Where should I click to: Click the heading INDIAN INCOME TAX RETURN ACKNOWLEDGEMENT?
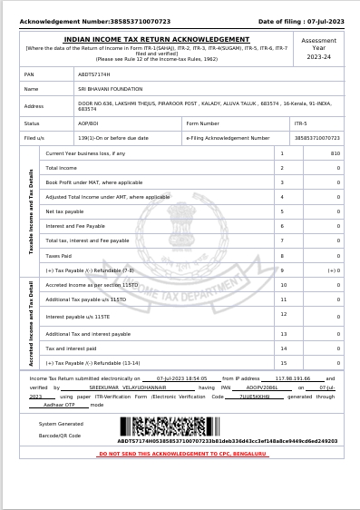pyautogui.click(x=156, y=40)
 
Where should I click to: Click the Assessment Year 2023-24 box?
pyautogui.click(x=318, y=49)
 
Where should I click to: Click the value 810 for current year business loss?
pyautogui.click(x=335, y=153)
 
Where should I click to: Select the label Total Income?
pyautogui.click(x=62, y=168)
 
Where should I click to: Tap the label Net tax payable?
pyautogui.click(x=64, y=211)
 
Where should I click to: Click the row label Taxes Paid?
pyautogui.click(x=59, y=256)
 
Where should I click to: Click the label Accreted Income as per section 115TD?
pyautogui.click(x=92, y=285)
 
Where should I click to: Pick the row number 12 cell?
pyautogui.click(x=284, y=314)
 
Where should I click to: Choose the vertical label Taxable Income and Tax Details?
pyautogui.click(x=32, y=211)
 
